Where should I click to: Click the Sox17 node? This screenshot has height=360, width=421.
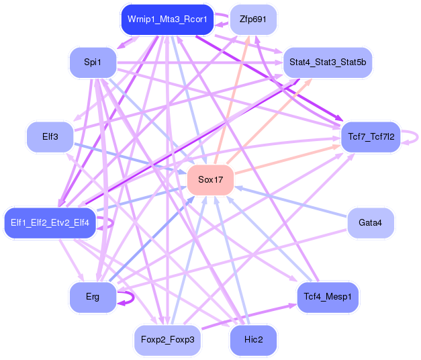click(211, 180)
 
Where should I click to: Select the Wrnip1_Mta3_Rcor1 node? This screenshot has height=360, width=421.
click(167, 19)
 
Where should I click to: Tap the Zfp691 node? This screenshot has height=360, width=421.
click(253, 19)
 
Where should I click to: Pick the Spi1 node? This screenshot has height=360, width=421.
click(93, 62)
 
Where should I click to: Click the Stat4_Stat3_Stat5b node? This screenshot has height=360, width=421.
click(328, 62)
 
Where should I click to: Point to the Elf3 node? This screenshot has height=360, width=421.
click(50, 137)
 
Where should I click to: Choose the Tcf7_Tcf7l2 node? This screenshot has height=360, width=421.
click(371, 137)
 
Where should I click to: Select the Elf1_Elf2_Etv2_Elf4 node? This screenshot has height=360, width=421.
click(50, 223)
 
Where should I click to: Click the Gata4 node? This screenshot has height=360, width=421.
click(371, 223)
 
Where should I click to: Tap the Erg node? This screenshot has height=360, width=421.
click(93, 297)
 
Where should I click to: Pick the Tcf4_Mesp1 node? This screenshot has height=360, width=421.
click(328, 297)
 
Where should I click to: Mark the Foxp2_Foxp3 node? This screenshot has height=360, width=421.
click(167, 340)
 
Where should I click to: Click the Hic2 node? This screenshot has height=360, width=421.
click(253, 340)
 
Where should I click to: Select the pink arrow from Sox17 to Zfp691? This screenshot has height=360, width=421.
click(232, 99)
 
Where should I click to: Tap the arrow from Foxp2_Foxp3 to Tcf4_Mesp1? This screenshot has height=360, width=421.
click(249, 317)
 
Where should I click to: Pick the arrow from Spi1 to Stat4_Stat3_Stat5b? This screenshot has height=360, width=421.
click(200, 63)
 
